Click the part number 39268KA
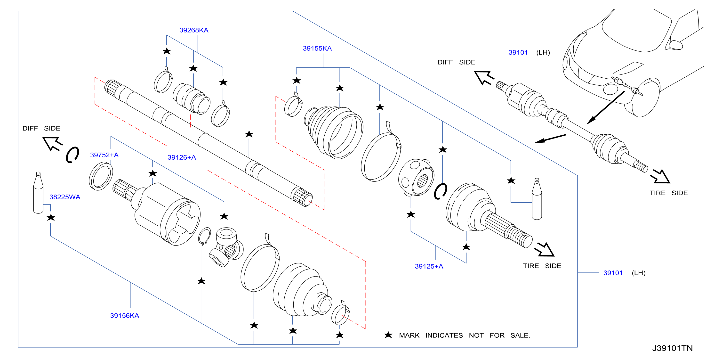[194, 30]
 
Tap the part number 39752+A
[104, 155]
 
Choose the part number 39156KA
[124, 315]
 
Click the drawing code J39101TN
[672, 348]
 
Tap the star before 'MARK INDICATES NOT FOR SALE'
[388, 335]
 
